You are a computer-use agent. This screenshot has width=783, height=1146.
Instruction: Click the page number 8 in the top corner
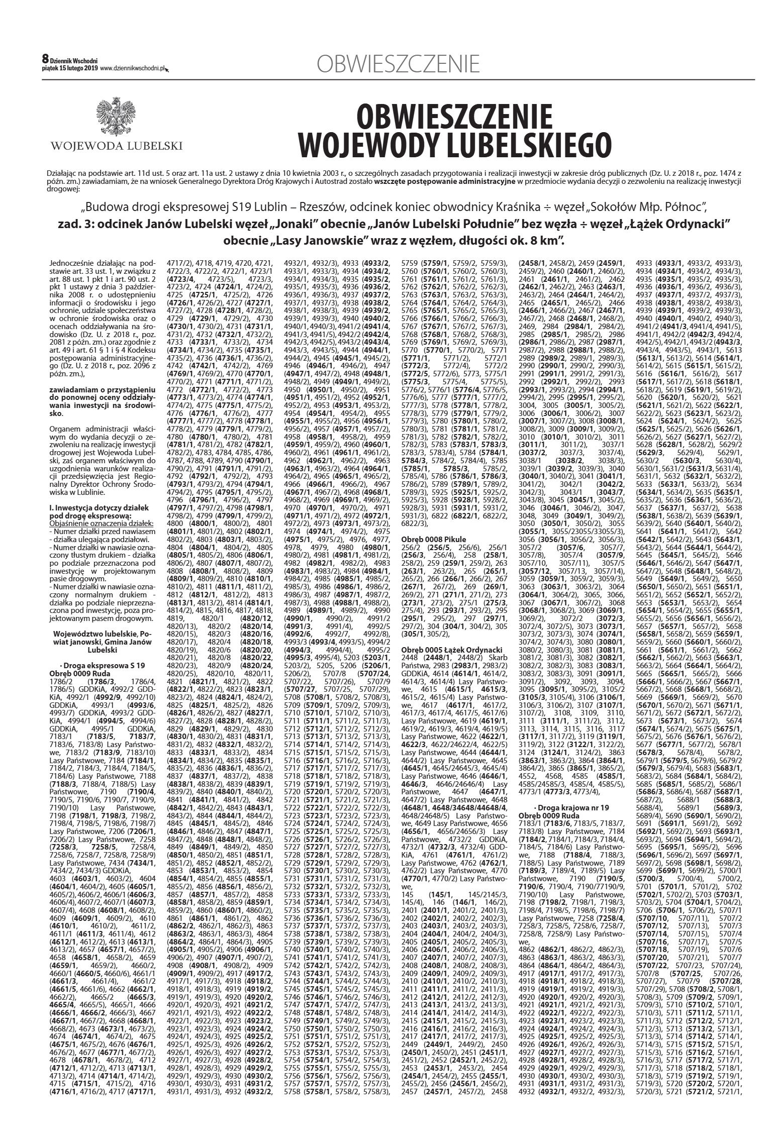click(x=45, y=59)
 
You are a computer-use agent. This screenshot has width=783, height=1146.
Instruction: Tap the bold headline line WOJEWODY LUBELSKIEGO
click(x=455, y=145)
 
